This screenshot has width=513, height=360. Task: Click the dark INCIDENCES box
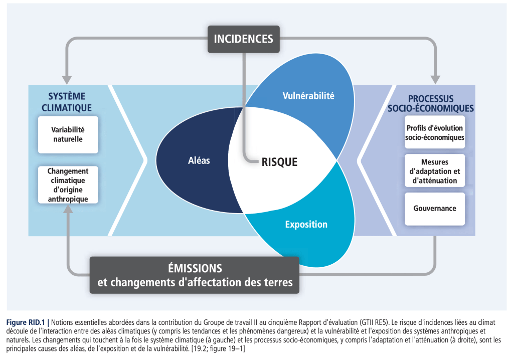coord(243,39)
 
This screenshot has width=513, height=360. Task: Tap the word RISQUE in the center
coord(279,162)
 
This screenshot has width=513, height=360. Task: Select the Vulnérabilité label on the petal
coord(308,96)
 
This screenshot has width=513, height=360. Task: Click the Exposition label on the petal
coord(306,224)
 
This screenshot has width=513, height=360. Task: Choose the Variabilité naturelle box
coord(67,134)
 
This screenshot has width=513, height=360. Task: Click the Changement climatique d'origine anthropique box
coord(67,185)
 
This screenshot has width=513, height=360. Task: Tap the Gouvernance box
coord(435,208)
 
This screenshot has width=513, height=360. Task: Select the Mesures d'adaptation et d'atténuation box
coord(435,171)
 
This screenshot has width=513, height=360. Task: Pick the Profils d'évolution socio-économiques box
coord(435,132)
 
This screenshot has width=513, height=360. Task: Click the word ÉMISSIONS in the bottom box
coord(195,268)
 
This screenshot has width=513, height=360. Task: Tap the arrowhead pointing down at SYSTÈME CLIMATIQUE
coord(67,80)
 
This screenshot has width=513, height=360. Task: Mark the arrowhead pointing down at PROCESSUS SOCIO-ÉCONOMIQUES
coord(435,80)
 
